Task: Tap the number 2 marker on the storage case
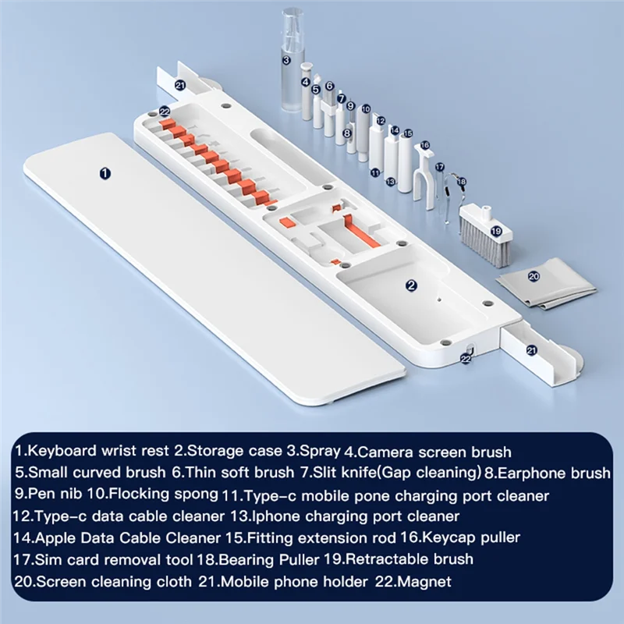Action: [411, 285]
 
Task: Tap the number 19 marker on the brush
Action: [495, 231]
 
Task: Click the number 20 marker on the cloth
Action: [534, 276]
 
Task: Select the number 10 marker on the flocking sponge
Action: [364, 110]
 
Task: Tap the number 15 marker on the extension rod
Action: [406, 134]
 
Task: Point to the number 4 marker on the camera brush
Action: [306, 81]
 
